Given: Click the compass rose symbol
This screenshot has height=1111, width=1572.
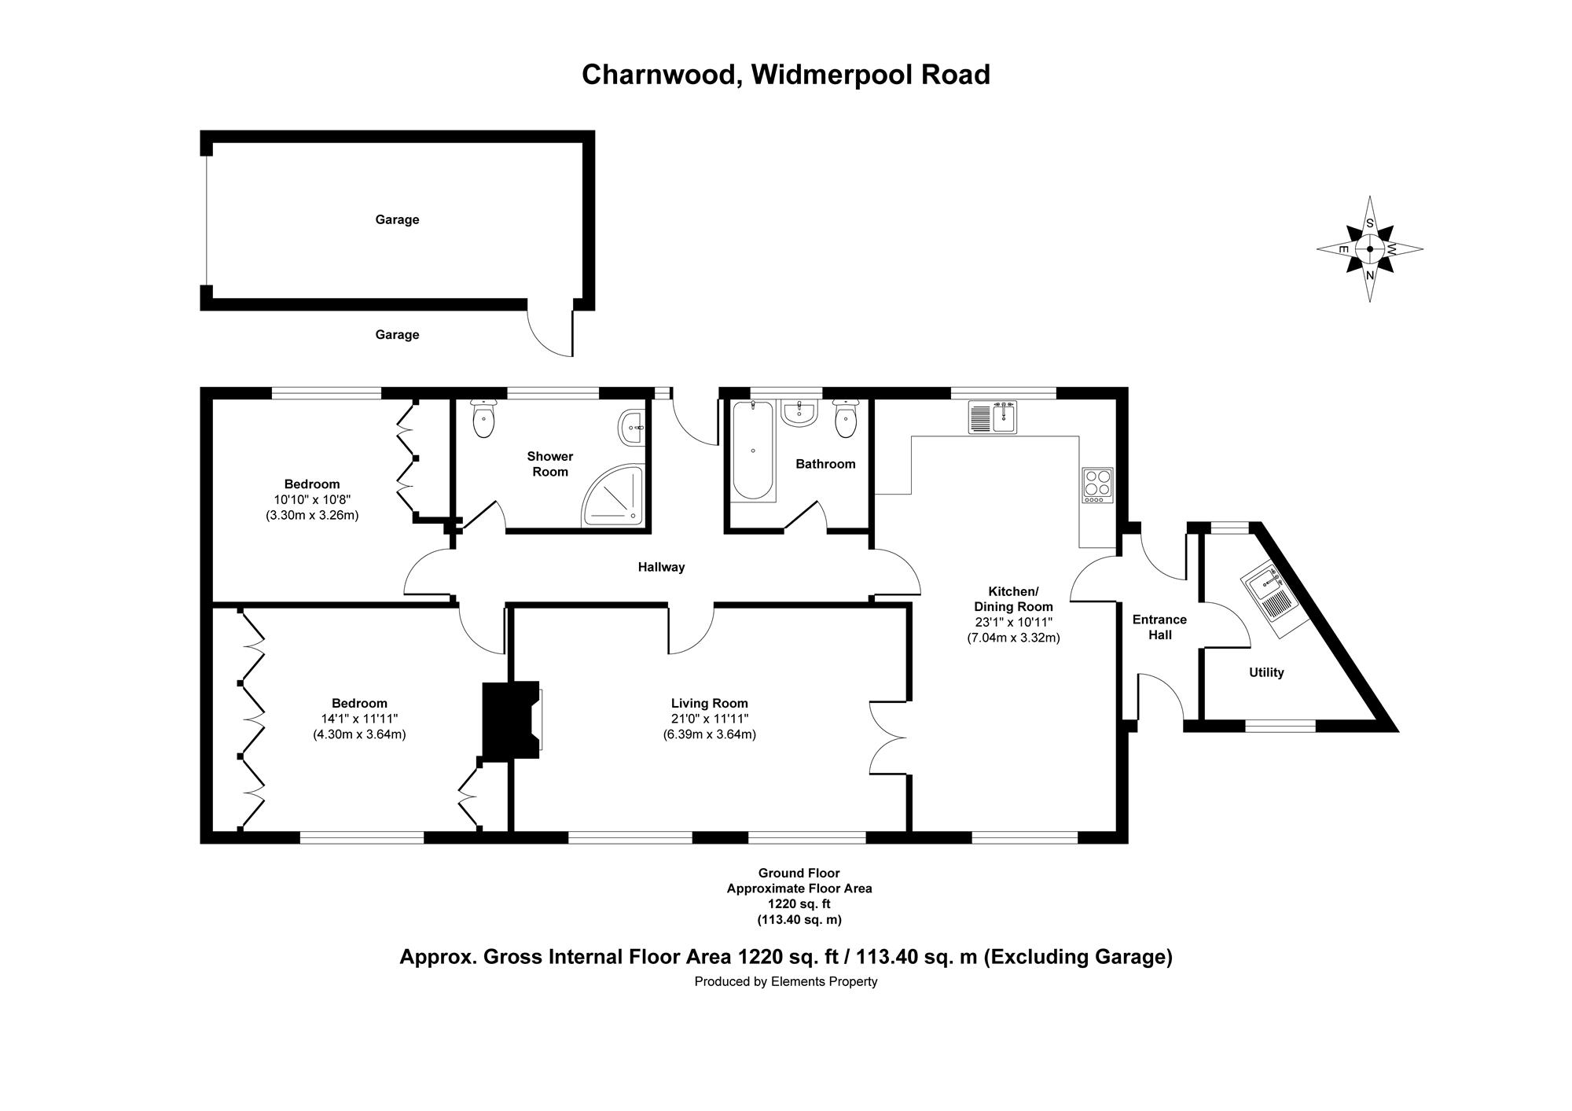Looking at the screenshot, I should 1369,249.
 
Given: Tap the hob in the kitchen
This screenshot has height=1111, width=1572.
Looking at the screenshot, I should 1097,485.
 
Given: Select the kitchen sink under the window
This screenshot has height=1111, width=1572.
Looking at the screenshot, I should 993,418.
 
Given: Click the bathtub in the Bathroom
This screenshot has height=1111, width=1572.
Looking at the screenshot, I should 752,451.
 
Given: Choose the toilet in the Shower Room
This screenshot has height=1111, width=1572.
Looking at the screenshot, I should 483,419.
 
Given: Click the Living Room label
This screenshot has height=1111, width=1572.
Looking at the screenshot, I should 709,704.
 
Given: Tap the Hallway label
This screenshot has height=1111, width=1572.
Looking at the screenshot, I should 661,567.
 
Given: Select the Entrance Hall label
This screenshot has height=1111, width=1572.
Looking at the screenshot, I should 1159,627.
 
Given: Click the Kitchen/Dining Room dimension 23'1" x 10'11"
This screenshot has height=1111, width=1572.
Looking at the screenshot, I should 1013,622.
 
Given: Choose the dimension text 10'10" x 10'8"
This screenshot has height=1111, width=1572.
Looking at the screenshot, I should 312,499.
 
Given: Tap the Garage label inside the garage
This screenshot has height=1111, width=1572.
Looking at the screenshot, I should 397,219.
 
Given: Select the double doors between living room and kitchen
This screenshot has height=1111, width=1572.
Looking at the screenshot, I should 888,737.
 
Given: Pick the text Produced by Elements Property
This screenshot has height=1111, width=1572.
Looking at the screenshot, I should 785,981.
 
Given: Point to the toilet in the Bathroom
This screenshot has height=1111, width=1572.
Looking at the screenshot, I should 846,419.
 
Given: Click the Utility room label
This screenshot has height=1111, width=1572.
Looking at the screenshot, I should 1266,672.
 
